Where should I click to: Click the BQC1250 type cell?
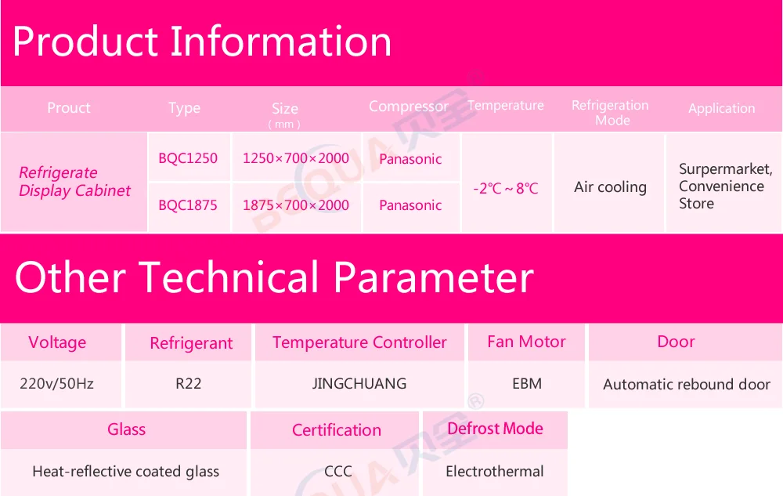(188, 158)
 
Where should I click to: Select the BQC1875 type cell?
(188, 205)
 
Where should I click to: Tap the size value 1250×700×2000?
(296, 158)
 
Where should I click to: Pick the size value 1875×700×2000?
(296, 205)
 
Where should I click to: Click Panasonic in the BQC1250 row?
(410, 159)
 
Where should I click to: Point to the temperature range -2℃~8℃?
(506, 188)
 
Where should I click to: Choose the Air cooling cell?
(610, 187)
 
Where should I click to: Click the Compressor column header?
(409, 107)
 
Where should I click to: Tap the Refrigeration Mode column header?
(610, 113)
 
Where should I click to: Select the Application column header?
(722, 108)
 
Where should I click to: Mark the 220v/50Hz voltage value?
(57, 384)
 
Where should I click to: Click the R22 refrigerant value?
(188, 384)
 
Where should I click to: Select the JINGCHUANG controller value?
(359, 384)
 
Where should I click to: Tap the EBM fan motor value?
(527, 384)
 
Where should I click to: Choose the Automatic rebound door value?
(687, 384)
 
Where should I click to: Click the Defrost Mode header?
(495, 429)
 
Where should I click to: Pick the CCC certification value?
(338, 471)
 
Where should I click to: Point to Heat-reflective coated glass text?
(126, 472)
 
